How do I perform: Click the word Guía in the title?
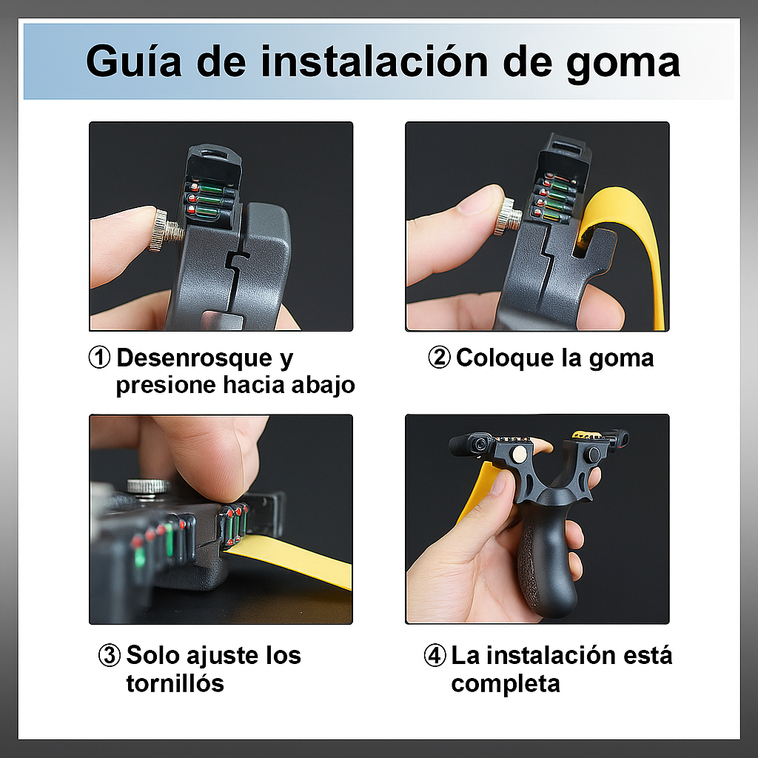(134, 61)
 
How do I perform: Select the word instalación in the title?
(375, 61)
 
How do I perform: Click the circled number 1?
(100, 358)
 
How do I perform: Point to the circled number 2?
(440, 358)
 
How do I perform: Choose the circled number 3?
(110, 656)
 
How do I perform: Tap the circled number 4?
(435, 656)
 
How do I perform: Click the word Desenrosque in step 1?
(195, 358)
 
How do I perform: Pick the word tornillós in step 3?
(175, 683)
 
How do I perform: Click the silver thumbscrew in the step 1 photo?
(167, 231)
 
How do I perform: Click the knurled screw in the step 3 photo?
(148, 489)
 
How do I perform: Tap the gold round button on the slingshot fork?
(520, 454)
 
